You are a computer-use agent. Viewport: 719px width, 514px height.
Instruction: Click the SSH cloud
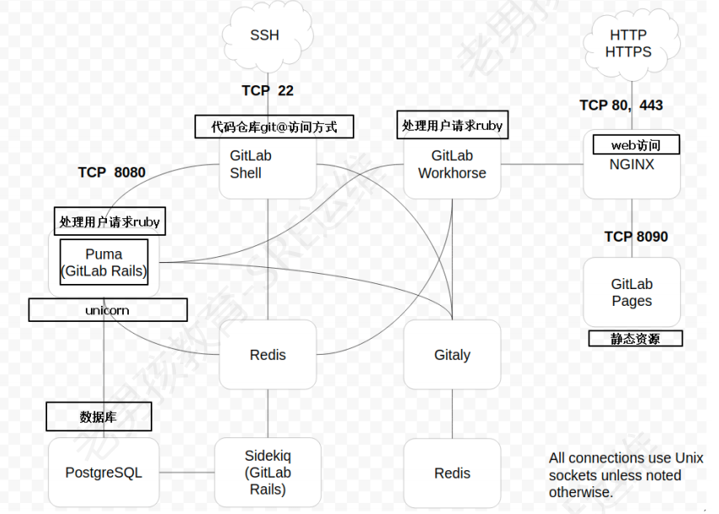[x=264, y=35]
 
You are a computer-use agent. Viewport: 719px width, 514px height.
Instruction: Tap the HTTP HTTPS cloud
[x=628, y=43]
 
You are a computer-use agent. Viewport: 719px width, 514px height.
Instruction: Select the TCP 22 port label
[x=268, y=91]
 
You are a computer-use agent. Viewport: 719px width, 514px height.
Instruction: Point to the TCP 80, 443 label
[x=621, y=105]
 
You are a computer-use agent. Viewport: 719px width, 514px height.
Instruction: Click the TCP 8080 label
[x=112, y=173]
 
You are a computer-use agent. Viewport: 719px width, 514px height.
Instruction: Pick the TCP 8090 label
[x=636, y=237]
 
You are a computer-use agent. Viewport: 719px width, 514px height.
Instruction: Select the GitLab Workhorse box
[x=453, y=166]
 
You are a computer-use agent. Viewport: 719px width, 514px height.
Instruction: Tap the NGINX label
[x=631, y=165]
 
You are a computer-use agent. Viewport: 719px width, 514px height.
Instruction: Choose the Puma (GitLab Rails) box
[x=104, y=262]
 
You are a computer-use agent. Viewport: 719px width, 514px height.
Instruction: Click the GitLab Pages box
[x=631, y=292]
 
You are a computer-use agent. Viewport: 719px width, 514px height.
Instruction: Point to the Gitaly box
[x=452, y=355]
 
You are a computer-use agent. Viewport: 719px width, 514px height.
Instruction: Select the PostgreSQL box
[x=104, y=473]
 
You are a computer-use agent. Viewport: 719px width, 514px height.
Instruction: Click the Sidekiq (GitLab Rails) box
[x=268, y=473]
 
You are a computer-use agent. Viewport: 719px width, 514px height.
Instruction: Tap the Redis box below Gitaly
[x=452, y=474]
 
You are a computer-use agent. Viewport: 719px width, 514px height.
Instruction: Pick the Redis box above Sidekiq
[x=268, y=355]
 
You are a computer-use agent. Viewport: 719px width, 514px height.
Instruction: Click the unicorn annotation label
[x=108, y=310]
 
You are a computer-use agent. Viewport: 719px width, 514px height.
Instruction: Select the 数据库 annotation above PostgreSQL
[x=99, y=416]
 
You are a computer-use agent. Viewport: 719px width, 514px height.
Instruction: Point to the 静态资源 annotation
[x=635, y=339]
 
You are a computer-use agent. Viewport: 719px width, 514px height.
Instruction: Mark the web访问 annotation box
[x=636, y=145]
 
